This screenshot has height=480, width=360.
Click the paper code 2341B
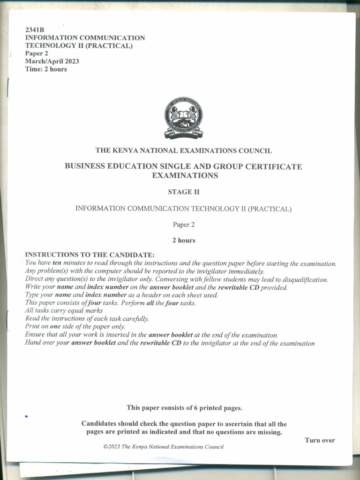point(35,30)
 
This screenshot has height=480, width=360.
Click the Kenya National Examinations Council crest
point(183,118)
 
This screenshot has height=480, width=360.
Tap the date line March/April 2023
point(52,61)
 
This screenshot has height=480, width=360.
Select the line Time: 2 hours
point(46,69)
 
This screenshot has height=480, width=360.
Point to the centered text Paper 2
point(183,225)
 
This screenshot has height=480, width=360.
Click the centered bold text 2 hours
point(183,240)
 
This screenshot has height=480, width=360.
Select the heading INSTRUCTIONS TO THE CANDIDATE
point(90,255)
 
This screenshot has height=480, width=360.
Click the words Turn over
point(320,440)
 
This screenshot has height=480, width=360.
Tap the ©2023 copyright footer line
point(163,447)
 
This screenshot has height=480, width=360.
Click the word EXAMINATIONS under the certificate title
point(185,176)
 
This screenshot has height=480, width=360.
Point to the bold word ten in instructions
point(57,263)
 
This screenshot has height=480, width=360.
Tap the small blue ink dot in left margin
point(27,416)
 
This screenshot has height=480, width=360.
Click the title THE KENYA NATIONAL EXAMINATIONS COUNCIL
point(183,150)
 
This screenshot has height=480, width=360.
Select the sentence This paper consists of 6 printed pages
point(184,408)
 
